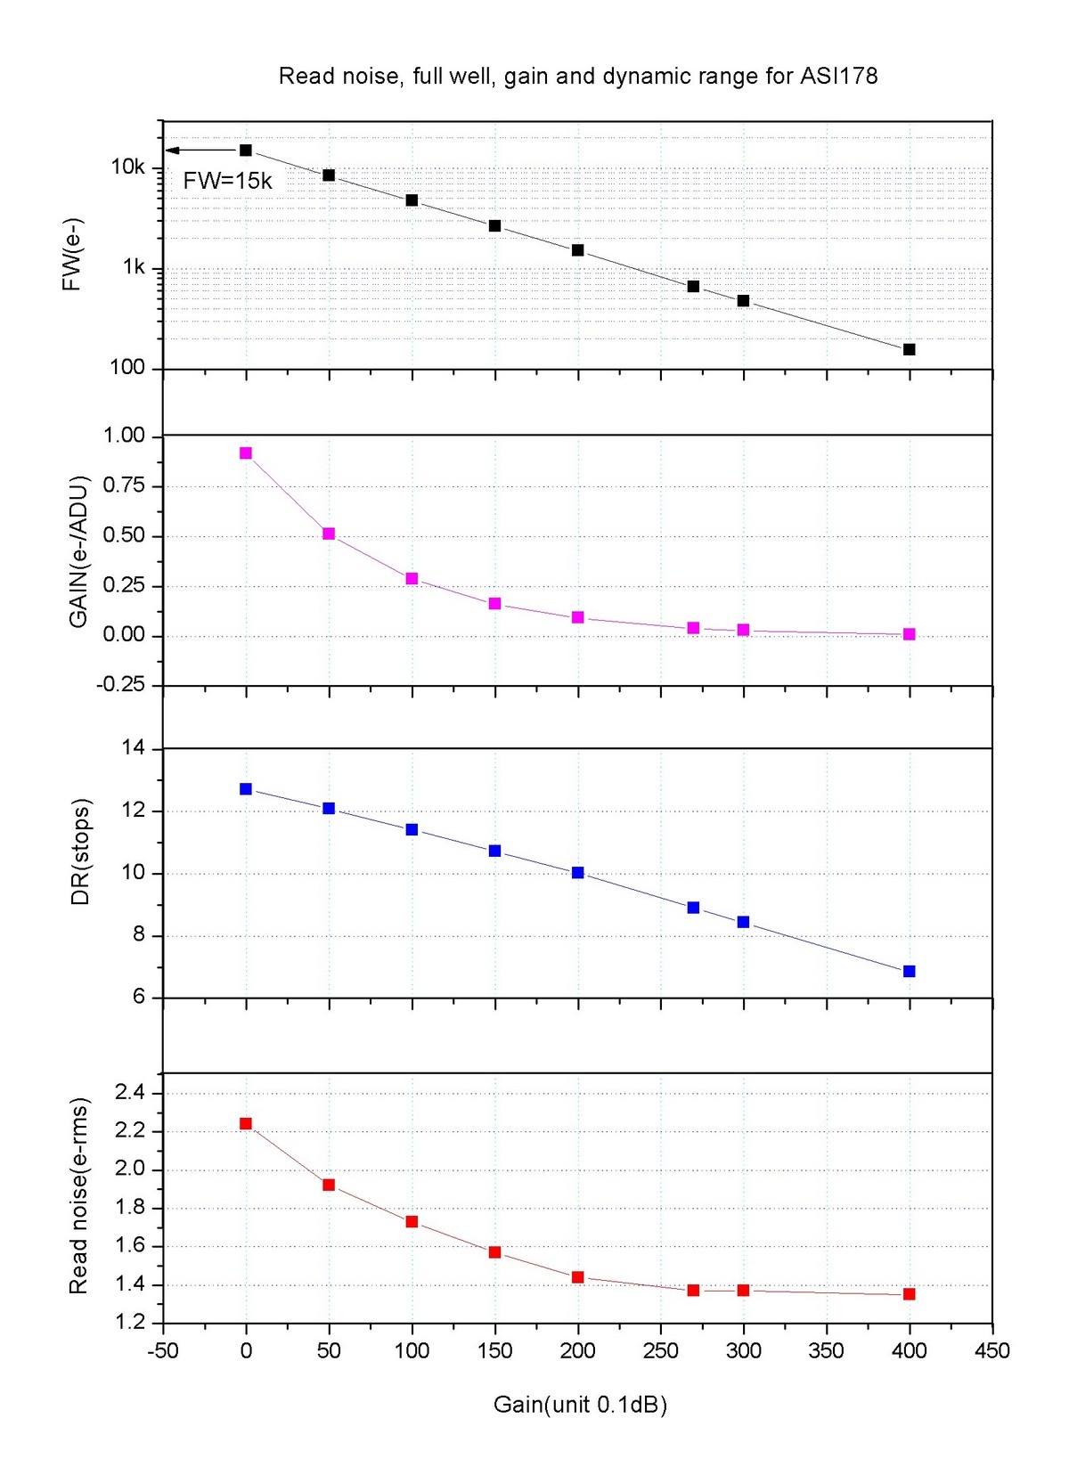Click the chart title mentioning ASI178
578,77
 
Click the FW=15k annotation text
227,181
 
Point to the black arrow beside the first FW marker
200,151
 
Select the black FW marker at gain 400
909,349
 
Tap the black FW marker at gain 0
246,151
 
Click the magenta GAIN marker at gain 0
246,453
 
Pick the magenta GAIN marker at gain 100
412,579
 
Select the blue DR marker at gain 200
577,873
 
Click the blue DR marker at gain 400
909,971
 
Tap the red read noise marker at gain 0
246,1124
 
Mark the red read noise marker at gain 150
494,1252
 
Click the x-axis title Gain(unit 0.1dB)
580,1405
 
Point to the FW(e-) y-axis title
72,254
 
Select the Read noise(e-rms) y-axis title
78,1195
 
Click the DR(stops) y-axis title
80,852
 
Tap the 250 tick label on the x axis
660,1351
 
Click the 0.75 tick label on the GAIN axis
124,485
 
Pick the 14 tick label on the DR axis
133,748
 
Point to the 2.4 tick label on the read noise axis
129,1093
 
